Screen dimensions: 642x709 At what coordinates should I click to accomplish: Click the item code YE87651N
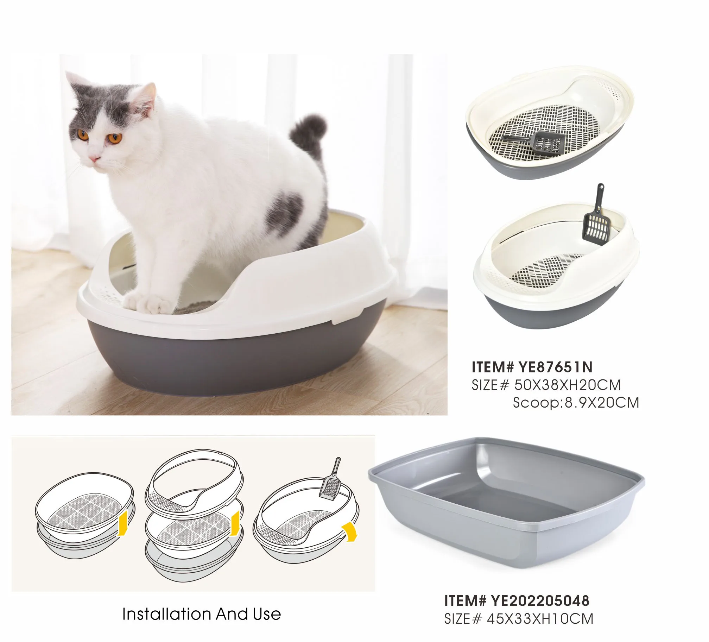(556, 367)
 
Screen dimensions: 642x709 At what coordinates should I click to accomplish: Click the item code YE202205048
(540, 601)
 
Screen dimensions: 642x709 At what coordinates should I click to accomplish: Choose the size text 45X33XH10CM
(540, 619)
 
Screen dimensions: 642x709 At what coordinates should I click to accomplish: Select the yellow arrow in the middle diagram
(235, 524)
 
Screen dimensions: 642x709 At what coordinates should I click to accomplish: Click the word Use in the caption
(266, 614)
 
